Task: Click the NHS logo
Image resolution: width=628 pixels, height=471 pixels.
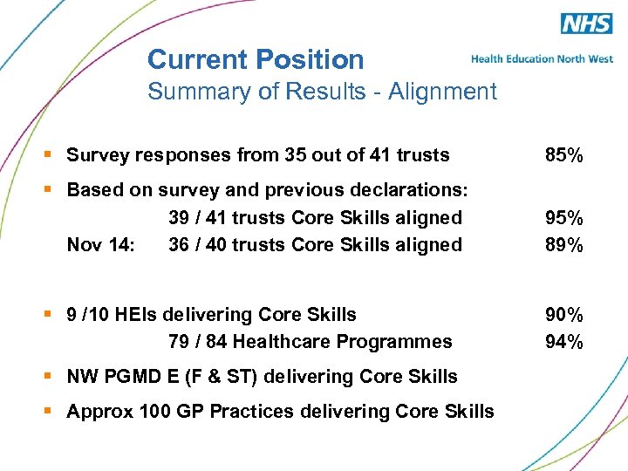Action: coord(585,24)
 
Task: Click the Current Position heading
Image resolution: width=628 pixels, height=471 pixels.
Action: coord(256,59)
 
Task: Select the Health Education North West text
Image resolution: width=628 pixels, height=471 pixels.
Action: coord(542,59)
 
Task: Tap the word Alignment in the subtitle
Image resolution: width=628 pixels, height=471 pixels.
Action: coord(442,91)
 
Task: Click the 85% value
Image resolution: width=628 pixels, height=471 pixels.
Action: coord(563,155)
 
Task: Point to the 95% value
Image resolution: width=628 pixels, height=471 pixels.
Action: coord(563,217)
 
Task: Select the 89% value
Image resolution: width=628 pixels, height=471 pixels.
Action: coord(563,245)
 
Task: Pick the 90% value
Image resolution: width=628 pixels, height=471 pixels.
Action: coord(563,314)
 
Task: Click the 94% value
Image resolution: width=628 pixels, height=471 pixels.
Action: coord(563,341)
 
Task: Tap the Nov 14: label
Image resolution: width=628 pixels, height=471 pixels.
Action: coord(100,245)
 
